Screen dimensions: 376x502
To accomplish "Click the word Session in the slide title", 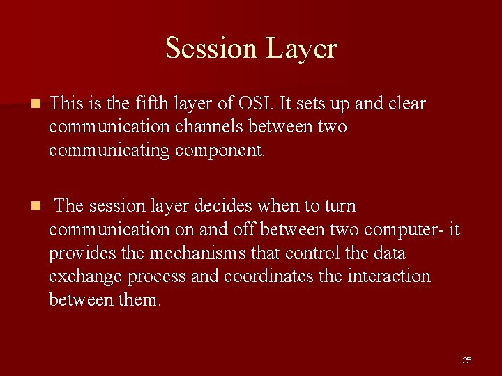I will pyautogui.click(x=211, y=49).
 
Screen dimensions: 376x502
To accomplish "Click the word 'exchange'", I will pyautogui.click(x=86, y=276).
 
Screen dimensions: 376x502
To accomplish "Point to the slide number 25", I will pyautogui.click(x=466, y=360).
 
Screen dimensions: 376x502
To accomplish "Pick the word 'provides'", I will pyautogui.click(x=81, y=253).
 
